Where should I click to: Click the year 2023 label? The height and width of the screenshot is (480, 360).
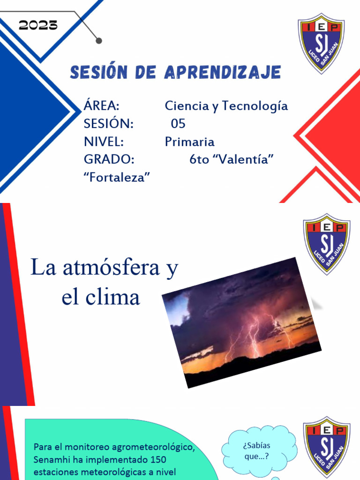coord(38,25)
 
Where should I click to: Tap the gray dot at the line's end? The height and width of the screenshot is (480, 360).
coord(99,41)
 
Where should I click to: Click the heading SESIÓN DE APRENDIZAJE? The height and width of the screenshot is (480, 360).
coord(175,72)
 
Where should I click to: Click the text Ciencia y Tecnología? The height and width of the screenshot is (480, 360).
coord(226,106)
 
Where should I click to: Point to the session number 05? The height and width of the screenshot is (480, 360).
coord(178,124)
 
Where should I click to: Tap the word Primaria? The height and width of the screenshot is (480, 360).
coord(189,142)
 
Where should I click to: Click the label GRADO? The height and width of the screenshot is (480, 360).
coord(109,159)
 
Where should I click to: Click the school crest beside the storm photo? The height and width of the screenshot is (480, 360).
coord(326,244)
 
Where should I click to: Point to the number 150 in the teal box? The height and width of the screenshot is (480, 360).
coord(157,459)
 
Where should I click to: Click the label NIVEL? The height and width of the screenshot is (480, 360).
coord(104,142)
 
